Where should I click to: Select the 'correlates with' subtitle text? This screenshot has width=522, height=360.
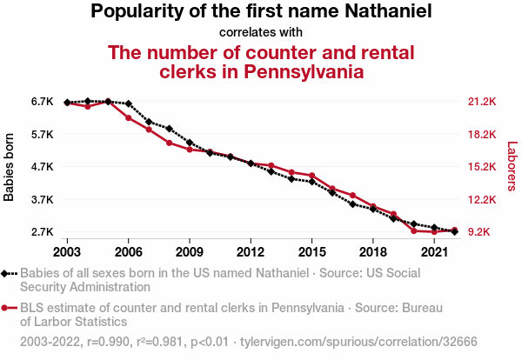pyautogui.click(x=261, y=33)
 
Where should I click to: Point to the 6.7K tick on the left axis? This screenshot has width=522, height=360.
pyautogui.click(x=43, y=102)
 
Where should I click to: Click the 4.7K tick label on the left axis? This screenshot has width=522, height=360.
pyautogui.click(x=43, y=167)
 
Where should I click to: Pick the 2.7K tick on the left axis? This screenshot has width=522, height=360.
pyautogui.click(x=43, y=232)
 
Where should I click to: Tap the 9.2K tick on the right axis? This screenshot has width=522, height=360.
pyautogui.click(x=479, y=232)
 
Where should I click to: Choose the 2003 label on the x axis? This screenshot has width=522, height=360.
pyautogui.click(x=67, y=251)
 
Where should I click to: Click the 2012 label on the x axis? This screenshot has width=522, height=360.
pyautogui.click(x=251, y=251)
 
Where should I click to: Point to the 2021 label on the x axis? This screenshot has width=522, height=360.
pyautogui.click(x=433, y=251)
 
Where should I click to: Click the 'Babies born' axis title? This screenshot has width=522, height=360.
pyautogui.click(x=10, y=167)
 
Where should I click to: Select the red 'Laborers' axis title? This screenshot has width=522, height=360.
pyautogui.click(x=512, y=167)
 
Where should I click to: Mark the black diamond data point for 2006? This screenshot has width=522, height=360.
pyautogui.click(x=129, y=104)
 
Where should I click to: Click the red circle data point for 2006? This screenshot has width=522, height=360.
pyautogui.click(x=129, y=117)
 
